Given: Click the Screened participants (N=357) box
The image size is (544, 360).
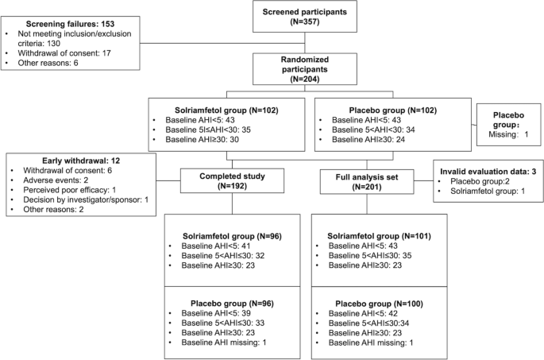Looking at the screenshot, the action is pos(305,17).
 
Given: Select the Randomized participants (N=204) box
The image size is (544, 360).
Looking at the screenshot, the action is pos(305,69).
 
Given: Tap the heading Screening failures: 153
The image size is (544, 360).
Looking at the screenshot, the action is pos(70,24).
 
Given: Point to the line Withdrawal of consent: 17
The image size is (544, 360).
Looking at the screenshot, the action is pos(64,53).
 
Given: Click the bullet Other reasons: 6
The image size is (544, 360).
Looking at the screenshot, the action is pos(48,63).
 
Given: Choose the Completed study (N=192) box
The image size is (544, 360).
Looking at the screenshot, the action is pos(232,181).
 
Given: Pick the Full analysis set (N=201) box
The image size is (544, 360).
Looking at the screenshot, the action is pos(367,182).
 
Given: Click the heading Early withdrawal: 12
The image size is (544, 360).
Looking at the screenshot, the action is pos(81,161).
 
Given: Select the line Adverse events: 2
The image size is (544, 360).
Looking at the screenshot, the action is pos(56,180).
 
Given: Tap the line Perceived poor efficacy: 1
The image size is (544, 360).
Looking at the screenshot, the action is pos(69,190).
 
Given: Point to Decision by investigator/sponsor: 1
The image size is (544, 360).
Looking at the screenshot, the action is pos(86,199).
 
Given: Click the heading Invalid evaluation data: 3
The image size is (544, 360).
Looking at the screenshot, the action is pos(488,172).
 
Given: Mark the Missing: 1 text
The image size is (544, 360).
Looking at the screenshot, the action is pos(508,134).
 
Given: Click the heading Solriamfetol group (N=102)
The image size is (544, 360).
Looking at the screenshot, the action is pos(226,110).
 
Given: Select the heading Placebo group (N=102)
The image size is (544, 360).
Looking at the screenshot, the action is pos(393,110).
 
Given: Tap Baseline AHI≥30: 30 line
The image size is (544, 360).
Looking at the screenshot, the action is pos(202,140).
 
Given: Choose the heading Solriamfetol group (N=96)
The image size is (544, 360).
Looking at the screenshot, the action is pos(232,236).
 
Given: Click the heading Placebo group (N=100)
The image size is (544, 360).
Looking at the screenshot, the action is pos(379,304).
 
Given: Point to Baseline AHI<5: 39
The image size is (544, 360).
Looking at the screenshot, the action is pos(216,313).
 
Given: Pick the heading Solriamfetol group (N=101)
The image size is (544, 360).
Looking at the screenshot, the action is pos(379,236).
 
